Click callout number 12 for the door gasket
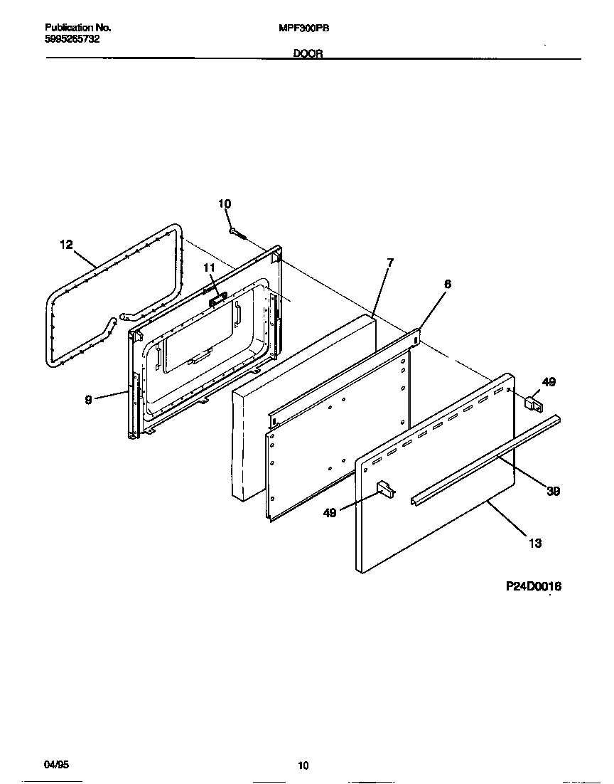click(x=65, y=245)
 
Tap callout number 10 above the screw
click(x=225, y=204)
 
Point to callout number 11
click(x=208, y=267)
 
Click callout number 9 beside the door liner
click(x=88, y=400)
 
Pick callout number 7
click(x=390, y=263)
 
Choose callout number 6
click(x=447, y=283)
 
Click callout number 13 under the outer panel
click(x=534, y=543)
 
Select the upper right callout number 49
click(x=549, y=382)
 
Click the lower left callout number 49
click(x=330, y=512)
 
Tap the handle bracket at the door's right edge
click(x=532, y=405)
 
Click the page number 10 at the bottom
click(x=303, y=766)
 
